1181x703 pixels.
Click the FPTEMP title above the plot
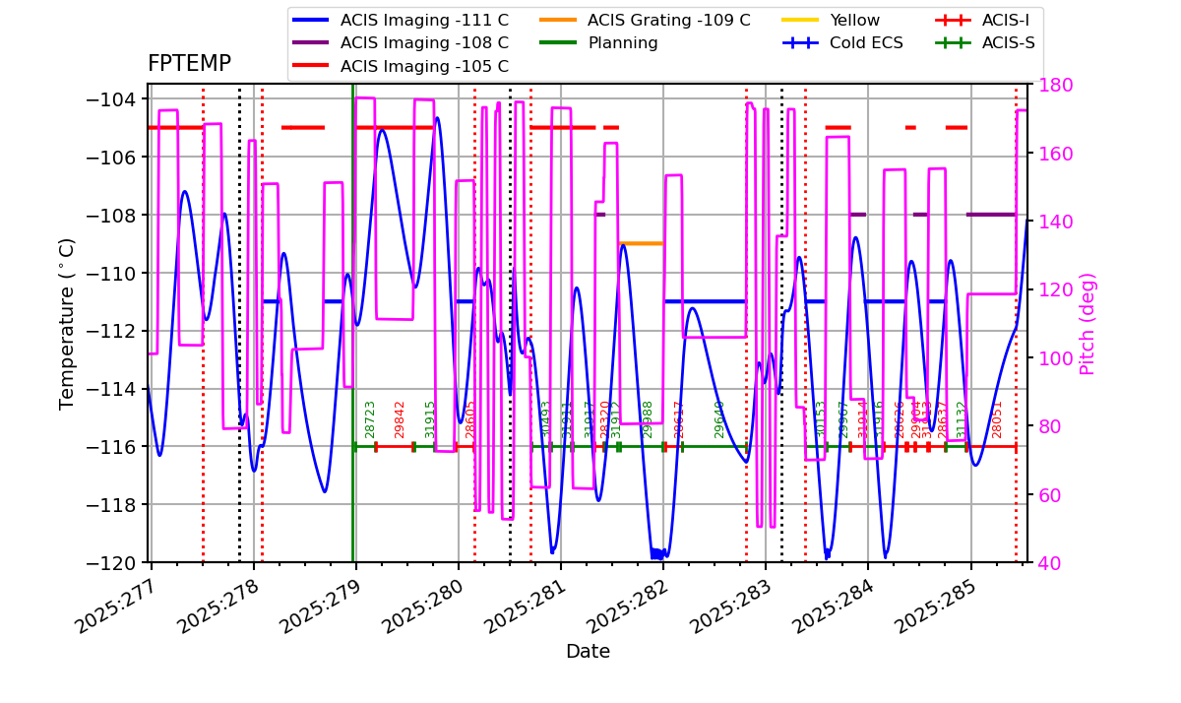click(189, 64)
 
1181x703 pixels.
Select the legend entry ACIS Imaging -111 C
click(424, 20)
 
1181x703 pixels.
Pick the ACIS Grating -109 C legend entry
click(668, 20)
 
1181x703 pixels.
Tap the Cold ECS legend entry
click(866, 43)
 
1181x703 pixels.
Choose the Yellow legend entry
click(854, 20)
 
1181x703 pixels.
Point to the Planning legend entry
click(622, 43)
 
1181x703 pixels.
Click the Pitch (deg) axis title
click(1088, 323)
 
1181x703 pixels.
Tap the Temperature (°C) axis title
click(67, 323)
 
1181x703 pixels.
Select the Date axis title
click(588, 652)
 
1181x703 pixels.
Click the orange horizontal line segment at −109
click(641, 243)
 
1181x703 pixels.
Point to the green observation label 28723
click(371, 419)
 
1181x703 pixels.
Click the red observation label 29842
click(400, 419)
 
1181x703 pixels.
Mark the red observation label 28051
click(997, 419)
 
